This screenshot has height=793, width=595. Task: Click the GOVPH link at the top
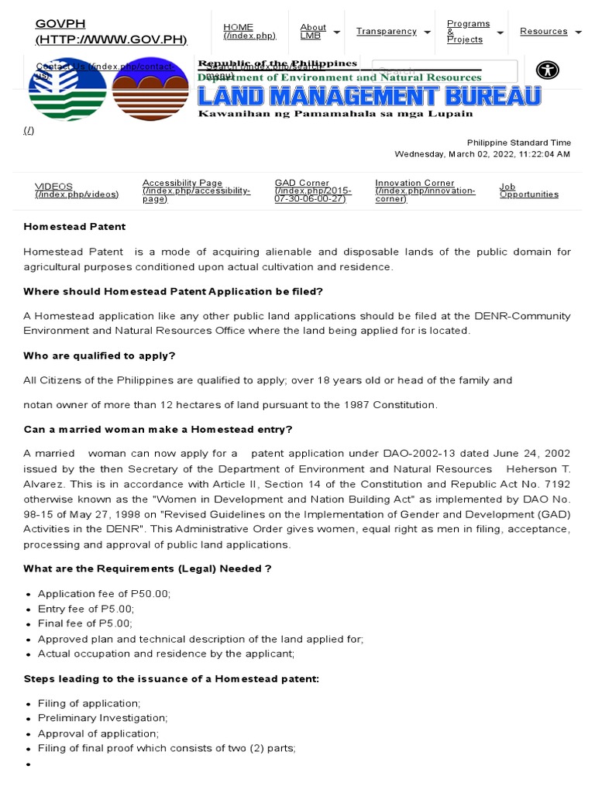coord(111,31)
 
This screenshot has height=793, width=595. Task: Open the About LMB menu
coord(313,32)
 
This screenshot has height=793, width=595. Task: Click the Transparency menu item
coord(386,31)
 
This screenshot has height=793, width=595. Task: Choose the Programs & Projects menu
coord(468,32)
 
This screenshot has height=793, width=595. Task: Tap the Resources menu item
coord(543,31)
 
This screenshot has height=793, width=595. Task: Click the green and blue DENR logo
coord(67,89)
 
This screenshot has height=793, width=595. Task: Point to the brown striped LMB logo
coord(150,89)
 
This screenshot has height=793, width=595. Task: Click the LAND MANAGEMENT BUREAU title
coord(369,97)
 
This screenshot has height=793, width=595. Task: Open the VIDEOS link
coord(76,190)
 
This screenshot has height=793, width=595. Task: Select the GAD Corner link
coord(312,191)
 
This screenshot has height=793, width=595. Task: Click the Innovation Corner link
coord(425,191)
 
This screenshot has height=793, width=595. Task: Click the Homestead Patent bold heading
coord(74,227)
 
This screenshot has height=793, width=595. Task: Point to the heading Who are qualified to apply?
coord(99,355)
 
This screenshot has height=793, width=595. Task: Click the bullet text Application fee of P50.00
coord(104,593)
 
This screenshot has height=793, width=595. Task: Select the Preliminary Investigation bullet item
coord(102,718)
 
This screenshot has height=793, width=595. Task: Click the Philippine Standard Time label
coord(518,142)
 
